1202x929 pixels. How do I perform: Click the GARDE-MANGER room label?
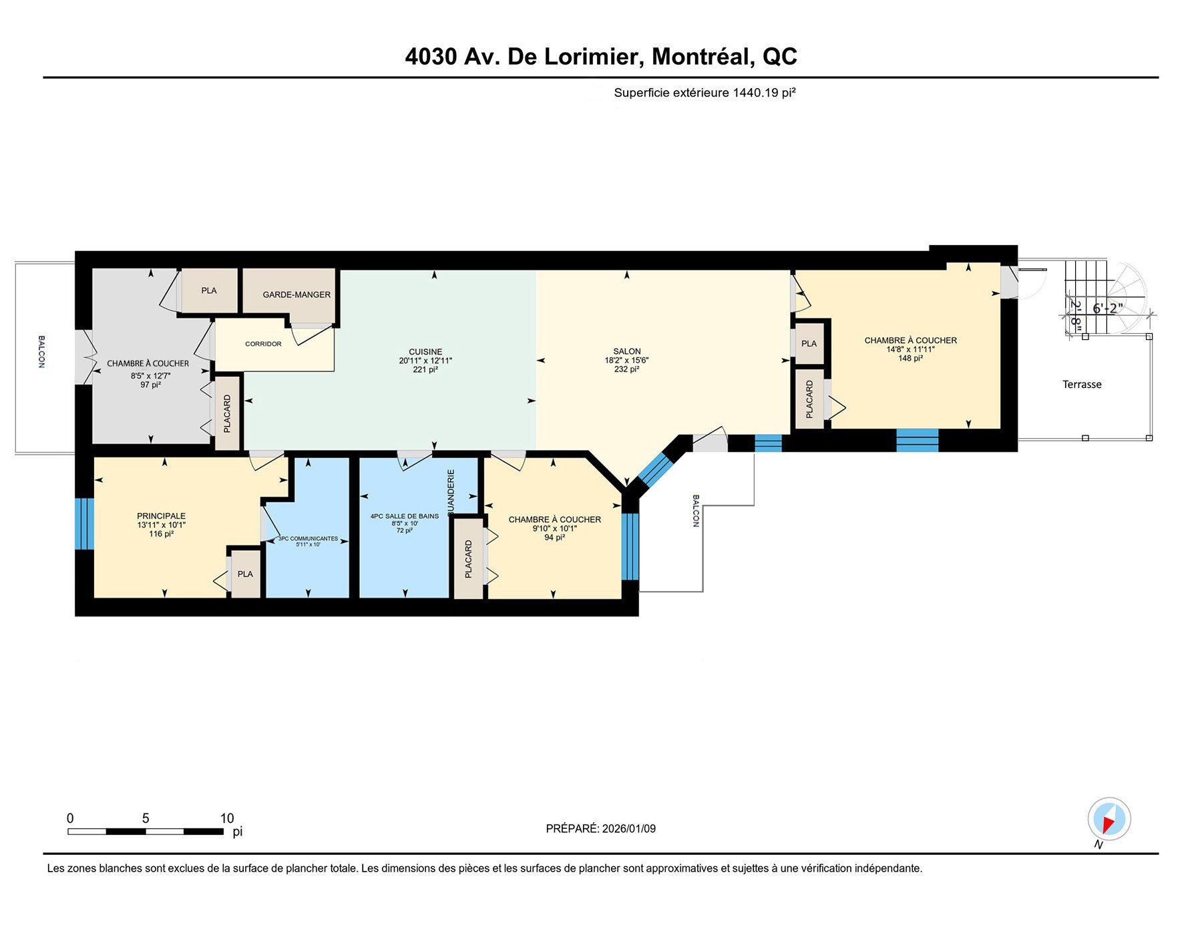click(x=296, y=295)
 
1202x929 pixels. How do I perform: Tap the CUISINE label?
click(x=425, y=352)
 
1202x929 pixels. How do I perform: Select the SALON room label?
click(x=626, y=351)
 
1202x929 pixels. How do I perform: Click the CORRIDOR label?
click(x=263, y=344)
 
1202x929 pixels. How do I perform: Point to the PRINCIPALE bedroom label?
click(x=161, y=516)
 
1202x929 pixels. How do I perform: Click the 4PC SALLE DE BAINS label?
click(x=405, y=516)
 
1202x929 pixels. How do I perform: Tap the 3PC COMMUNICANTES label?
click(x=309, y=538)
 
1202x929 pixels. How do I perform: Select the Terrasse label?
click(x=1082, y=385)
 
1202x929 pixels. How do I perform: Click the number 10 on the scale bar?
click(x=227, y=818)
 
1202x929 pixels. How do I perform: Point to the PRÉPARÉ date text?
click(x=600, y=829)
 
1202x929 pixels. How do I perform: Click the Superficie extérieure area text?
click(x=705, y=93)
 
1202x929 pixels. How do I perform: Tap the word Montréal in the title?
click(x=703, y=57)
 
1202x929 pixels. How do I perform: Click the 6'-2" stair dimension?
click(x=1107, y=309)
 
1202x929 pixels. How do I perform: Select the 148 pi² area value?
click(x=910, y=359)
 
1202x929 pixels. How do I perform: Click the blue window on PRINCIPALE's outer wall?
click(x=84, y=524)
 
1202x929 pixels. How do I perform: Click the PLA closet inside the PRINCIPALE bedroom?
click(x=245, y=574)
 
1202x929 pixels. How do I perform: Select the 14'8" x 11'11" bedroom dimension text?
click(x=910, y=349)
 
